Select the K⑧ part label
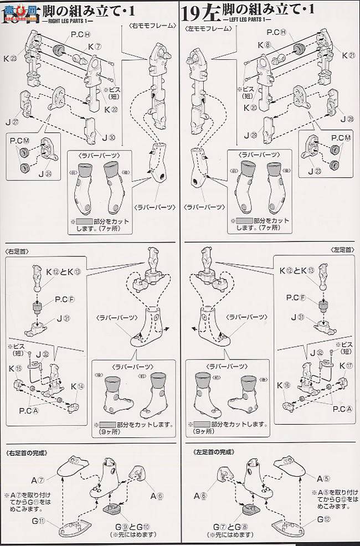[269, 45]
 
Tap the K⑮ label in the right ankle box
[12, 369]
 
